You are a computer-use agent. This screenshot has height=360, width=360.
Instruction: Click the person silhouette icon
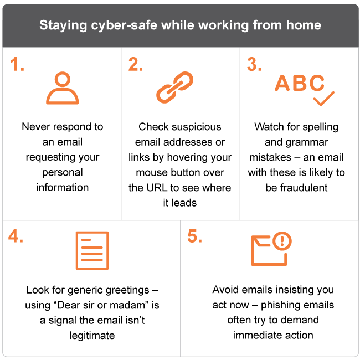(63, 88)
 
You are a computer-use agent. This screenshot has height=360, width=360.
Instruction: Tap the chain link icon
(174, 88)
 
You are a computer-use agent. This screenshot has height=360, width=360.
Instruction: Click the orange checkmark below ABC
(324, 99)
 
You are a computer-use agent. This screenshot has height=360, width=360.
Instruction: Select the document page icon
(92, 250)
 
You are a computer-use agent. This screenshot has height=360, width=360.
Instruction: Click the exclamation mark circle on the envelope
(282, 241)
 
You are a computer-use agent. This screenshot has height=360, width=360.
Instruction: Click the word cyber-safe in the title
(124, 25)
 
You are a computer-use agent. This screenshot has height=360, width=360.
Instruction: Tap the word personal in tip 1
(63, 173)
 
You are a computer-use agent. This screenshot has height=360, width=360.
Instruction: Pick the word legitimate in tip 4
(92, 336)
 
